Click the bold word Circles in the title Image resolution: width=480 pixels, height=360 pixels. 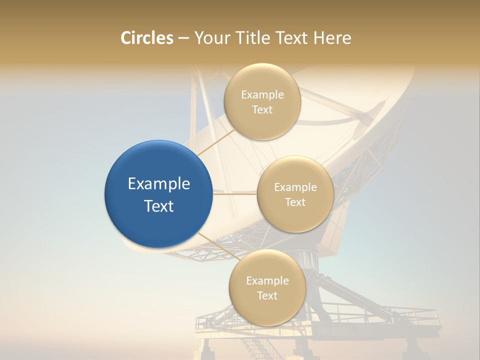pos(147,38)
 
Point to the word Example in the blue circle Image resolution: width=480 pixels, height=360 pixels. pos(159,184)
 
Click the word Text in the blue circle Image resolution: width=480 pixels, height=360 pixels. pos(159,206)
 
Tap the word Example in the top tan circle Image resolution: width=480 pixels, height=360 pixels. pos(262,95)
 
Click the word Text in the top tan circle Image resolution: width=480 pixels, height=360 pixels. pos(262,110)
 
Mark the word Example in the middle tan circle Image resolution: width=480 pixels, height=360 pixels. pos(295,187)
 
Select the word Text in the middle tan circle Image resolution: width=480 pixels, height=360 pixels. pos(295,202)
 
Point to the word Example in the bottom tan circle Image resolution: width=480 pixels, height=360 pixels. pos(267,281)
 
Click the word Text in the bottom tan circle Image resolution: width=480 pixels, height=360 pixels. pos(267,296)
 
